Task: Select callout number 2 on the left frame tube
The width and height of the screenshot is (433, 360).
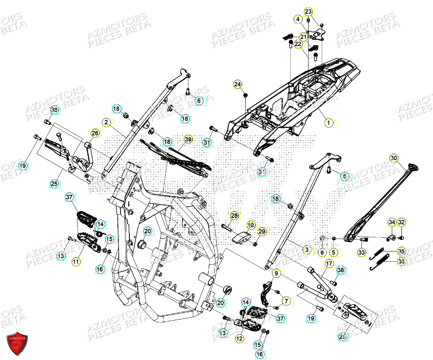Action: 106,122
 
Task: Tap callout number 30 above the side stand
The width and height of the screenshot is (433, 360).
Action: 394,158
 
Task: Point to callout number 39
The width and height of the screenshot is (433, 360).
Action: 188,139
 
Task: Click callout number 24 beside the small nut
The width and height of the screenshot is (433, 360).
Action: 238,84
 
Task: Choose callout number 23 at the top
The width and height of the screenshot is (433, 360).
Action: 308,12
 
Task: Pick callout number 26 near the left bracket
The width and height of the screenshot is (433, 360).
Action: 95,133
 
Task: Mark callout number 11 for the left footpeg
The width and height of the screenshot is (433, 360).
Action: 76,262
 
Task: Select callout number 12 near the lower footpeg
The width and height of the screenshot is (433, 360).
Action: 239,339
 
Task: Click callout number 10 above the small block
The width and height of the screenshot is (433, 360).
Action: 251,225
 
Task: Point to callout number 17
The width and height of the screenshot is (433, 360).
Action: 328,264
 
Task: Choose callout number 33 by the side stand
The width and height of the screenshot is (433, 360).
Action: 362,253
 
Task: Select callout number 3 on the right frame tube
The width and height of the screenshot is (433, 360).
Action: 306,250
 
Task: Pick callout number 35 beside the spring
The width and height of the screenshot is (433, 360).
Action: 401,252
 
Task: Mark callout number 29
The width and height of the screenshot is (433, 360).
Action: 261,232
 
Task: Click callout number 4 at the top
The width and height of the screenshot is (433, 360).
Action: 298,19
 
